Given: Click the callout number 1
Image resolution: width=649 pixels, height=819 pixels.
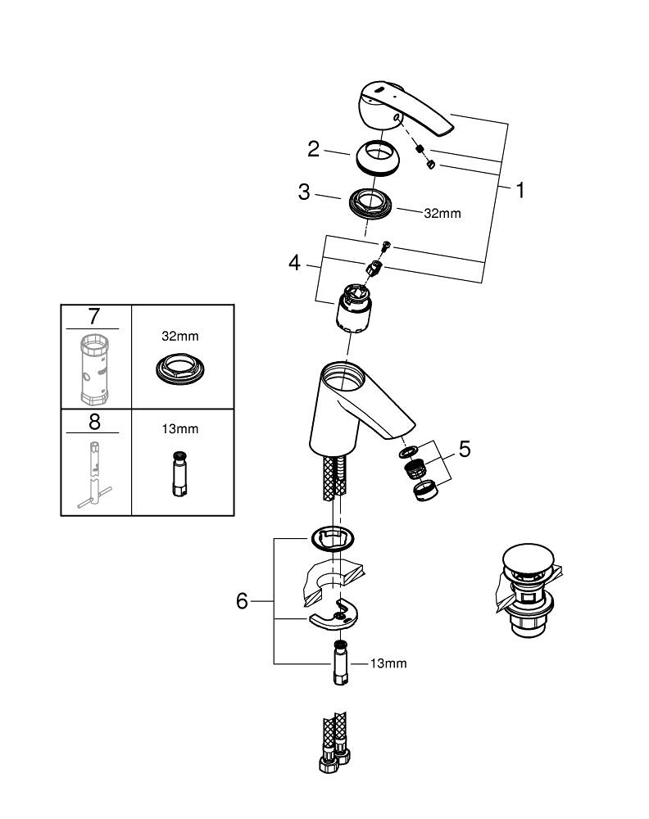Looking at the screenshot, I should point(519,190).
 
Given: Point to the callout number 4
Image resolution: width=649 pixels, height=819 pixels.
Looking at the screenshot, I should point(294,264).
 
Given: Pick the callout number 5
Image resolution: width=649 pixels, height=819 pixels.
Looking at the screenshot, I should point(465,449).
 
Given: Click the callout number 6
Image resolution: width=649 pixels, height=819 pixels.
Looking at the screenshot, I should point(242,601).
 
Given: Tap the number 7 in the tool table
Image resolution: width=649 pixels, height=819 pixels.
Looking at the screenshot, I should point(96,316).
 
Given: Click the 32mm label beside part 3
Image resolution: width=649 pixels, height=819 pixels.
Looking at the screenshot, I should point(442,213).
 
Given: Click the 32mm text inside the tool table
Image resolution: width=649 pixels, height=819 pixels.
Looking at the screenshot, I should point(180,336).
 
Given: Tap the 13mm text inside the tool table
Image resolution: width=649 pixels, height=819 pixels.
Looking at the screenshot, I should point(180,428).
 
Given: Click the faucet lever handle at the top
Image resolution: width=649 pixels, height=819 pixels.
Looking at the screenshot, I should point(410,111).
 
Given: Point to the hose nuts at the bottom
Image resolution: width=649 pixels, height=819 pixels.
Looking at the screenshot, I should point(332,758).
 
